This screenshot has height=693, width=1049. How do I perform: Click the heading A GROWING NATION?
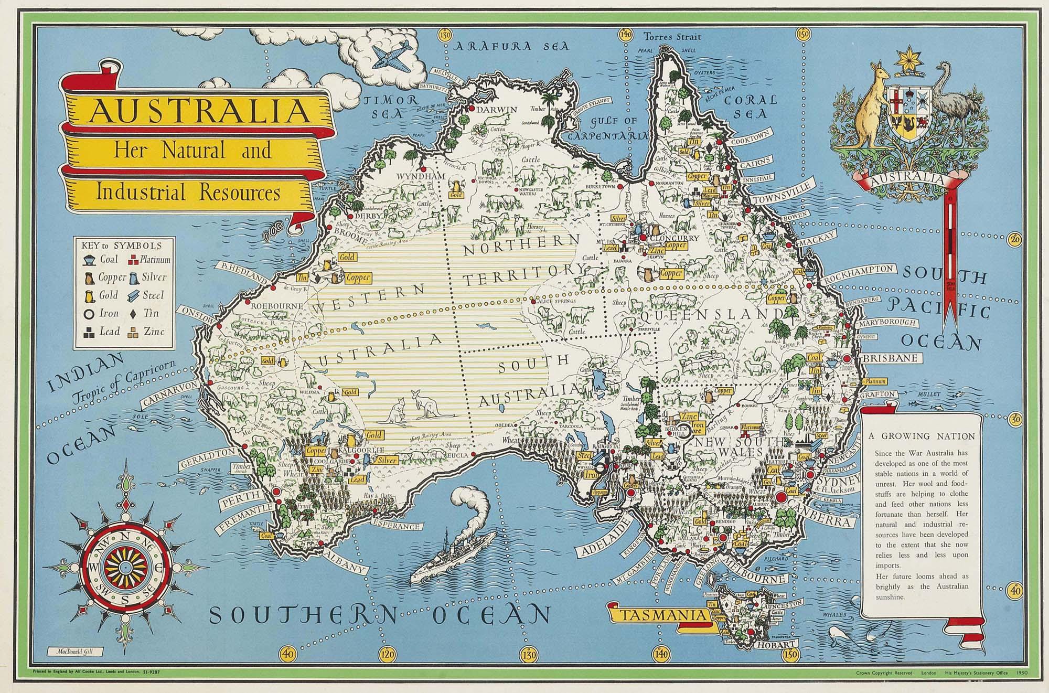pos(921,436)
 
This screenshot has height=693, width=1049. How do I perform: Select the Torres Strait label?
pos(672,37)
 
